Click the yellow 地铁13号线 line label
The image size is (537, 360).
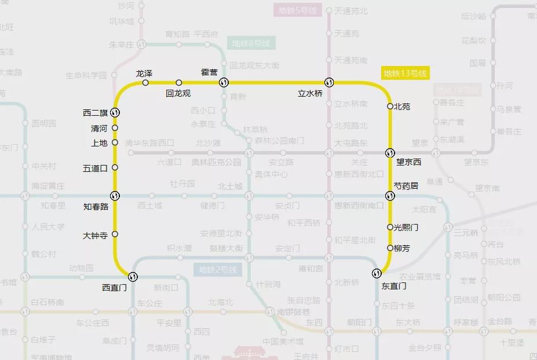(405, 74)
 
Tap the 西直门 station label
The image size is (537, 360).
(114, 286)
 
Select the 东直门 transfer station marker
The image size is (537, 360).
(377, 273)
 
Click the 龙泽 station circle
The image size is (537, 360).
(145, 83)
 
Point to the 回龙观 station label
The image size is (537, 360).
(178, 93)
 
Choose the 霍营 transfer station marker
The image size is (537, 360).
(224, 83)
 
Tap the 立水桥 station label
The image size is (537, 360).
(310, 93)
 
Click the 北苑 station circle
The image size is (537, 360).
(390, 106)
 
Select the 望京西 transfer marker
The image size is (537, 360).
(390, 153)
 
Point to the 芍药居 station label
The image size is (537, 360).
(406, 186)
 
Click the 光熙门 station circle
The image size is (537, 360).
(390, 227)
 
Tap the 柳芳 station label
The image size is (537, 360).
(401, 248)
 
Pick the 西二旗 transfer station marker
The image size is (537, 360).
(115, 112)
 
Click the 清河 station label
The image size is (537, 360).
(99, 128)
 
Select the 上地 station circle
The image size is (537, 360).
(115, 142)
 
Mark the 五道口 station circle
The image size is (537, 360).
(115, 168)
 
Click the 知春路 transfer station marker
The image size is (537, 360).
(115, 196)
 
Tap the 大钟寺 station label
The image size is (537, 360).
(95, 236)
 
